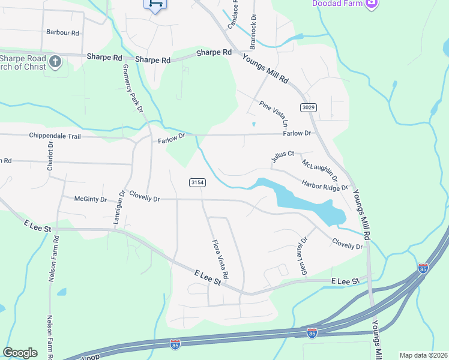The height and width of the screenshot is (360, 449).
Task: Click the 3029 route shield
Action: [308, 107]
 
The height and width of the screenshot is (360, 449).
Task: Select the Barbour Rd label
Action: [62, 32]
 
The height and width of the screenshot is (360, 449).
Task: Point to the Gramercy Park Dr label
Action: [133, 88]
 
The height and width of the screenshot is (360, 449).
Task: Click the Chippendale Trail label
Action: [55, 136]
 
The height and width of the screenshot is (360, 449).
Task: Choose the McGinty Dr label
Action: [90, 199]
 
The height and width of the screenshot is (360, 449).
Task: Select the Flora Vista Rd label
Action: [220, 259]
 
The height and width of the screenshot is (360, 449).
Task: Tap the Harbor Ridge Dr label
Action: [325, 185]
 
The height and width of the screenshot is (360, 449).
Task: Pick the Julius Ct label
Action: [282, 157]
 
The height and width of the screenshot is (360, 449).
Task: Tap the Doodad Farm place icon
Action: [372, 4]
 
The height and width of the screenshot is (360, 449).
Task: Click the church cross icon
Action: [55, 61]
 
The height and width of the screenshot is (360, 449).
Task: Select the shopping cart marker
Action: [154, 4]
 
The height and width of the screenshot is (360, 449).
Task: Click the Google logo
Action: [20, 353]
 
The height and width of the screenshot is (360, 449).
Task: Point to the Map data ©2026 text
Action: [423, 355]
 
